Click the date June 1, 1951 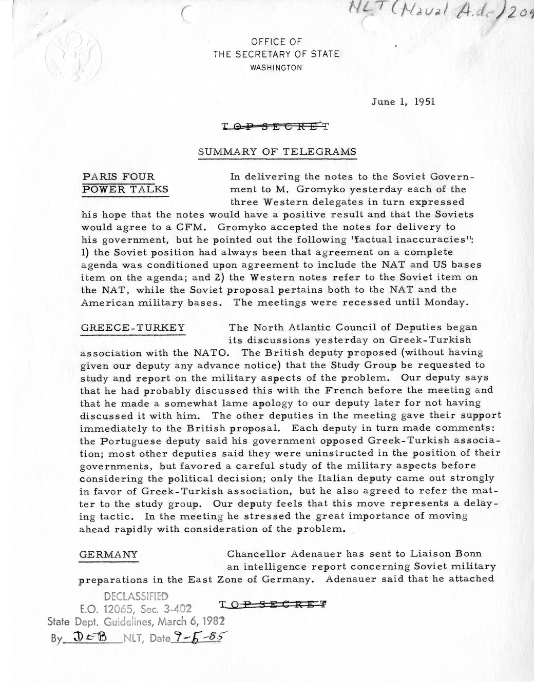point(403,102)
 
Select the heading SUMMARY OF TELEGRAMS point(277,151)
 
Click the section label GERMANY point(109,554)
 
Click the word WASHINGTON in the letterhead point(276,67)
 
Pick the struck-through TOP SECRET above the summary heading point(274,126)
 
